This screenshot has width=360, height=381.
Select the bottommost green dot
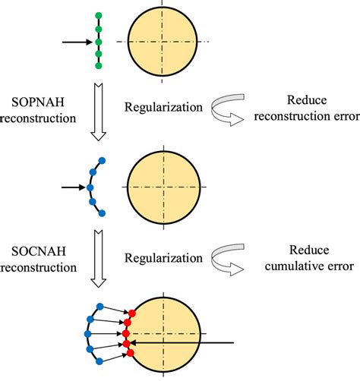point(98,67)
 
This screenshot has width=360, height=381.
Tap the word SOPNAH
point(30,102)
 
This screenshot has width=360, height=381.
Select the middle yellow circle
point(165,187)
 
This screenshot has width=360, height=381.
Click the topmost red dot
point(132,313)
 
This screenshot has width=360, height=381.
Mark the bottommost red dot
point(131,353)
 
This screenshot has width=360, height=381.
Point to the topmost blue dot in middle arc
point(102,161)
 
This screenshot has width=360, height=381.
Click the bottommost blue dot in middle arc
point(102,213)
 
